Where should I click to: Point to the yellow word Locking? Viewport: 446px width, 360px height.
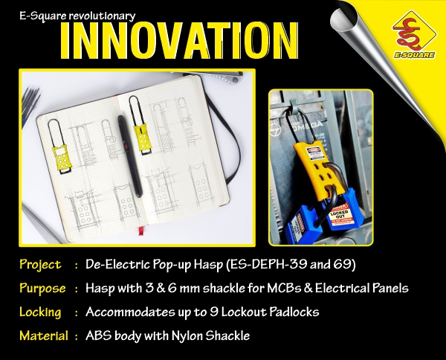[42, 312]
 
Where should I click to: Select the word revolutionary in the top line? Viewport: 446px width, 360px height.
[103, 14]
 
